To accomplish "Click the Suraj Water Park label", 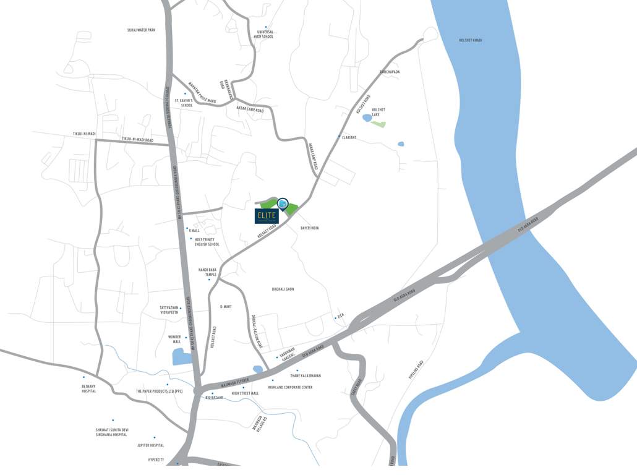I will tap(141, 30).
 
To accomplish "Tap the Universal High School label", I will tap(263, 35).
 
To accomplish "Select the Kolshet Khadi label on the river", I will tap(470, 40).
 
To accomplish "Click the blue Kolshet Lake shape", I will tap(367, 117).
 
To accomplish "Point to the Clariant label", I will tap(349, 137).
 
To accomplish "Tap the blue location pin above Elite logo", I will tap(283, 204).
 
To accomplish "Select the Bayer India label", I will tap(309, 228).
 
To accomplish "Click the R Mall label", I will tap(194, 230).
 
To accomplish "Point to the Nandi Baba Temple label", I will tap(207, 272).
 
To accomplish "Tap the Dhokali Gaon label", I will tap(283, 289).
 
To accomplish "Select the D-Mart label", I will tap(225, 306).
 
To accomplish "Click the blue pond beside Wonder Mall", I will tap(182, 357).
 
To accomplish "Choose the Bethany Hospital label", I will tap(89, 388).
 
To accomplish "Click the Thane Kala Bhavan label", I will tap(306, 375).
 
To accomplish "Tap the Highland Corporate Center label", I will tap(290, 387).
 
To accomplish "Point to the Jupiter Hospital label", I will tap(151, 445).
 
